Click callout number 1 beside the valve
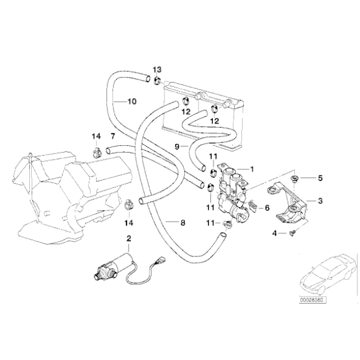253,168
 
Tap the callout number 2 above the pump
128,239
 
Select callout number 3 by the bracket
320,200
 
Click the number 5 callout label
320,179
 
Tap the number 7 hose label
112,135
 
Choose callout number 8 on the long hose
182,222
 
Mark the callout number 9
177,146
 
